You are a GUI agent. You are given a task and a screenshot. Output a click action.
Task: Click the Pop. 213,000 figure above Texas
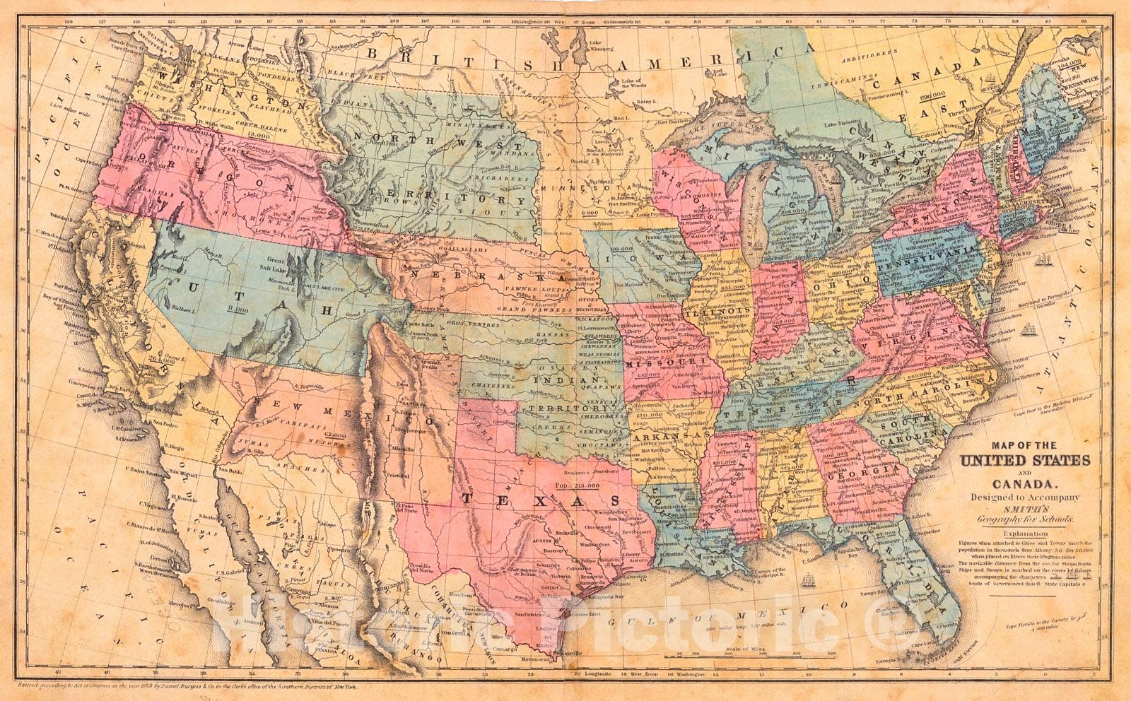pyautogui.click(x=578, y=486)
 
